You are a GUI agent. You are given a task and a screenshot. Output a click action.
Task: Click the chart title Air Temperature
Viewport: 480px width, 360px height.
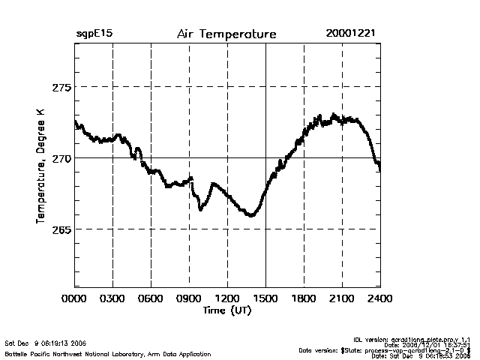[226, 34]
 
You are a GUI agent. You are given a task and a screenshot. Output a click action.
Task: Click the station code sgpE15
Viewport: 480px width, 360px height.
[94, 34]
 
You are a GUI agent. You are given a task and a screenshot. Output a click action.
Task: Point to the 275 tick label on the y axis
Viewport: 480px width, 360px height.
[61, 87]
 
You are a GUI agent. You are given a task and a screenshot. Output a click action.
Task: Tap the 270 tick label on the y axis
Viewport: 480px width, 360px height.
[61, 158]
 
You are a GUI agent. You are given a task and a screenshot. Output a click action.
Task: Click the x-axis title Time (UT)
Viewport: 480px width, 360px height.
[226, 310]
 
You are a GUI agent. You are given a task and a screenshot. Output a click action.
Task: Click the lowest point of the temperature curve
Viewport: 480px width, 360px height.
[251, 216]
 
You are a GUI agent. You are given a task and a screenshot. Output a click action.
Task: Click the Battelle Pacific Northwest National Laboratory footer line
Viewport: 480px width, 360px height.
[108, 353]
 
